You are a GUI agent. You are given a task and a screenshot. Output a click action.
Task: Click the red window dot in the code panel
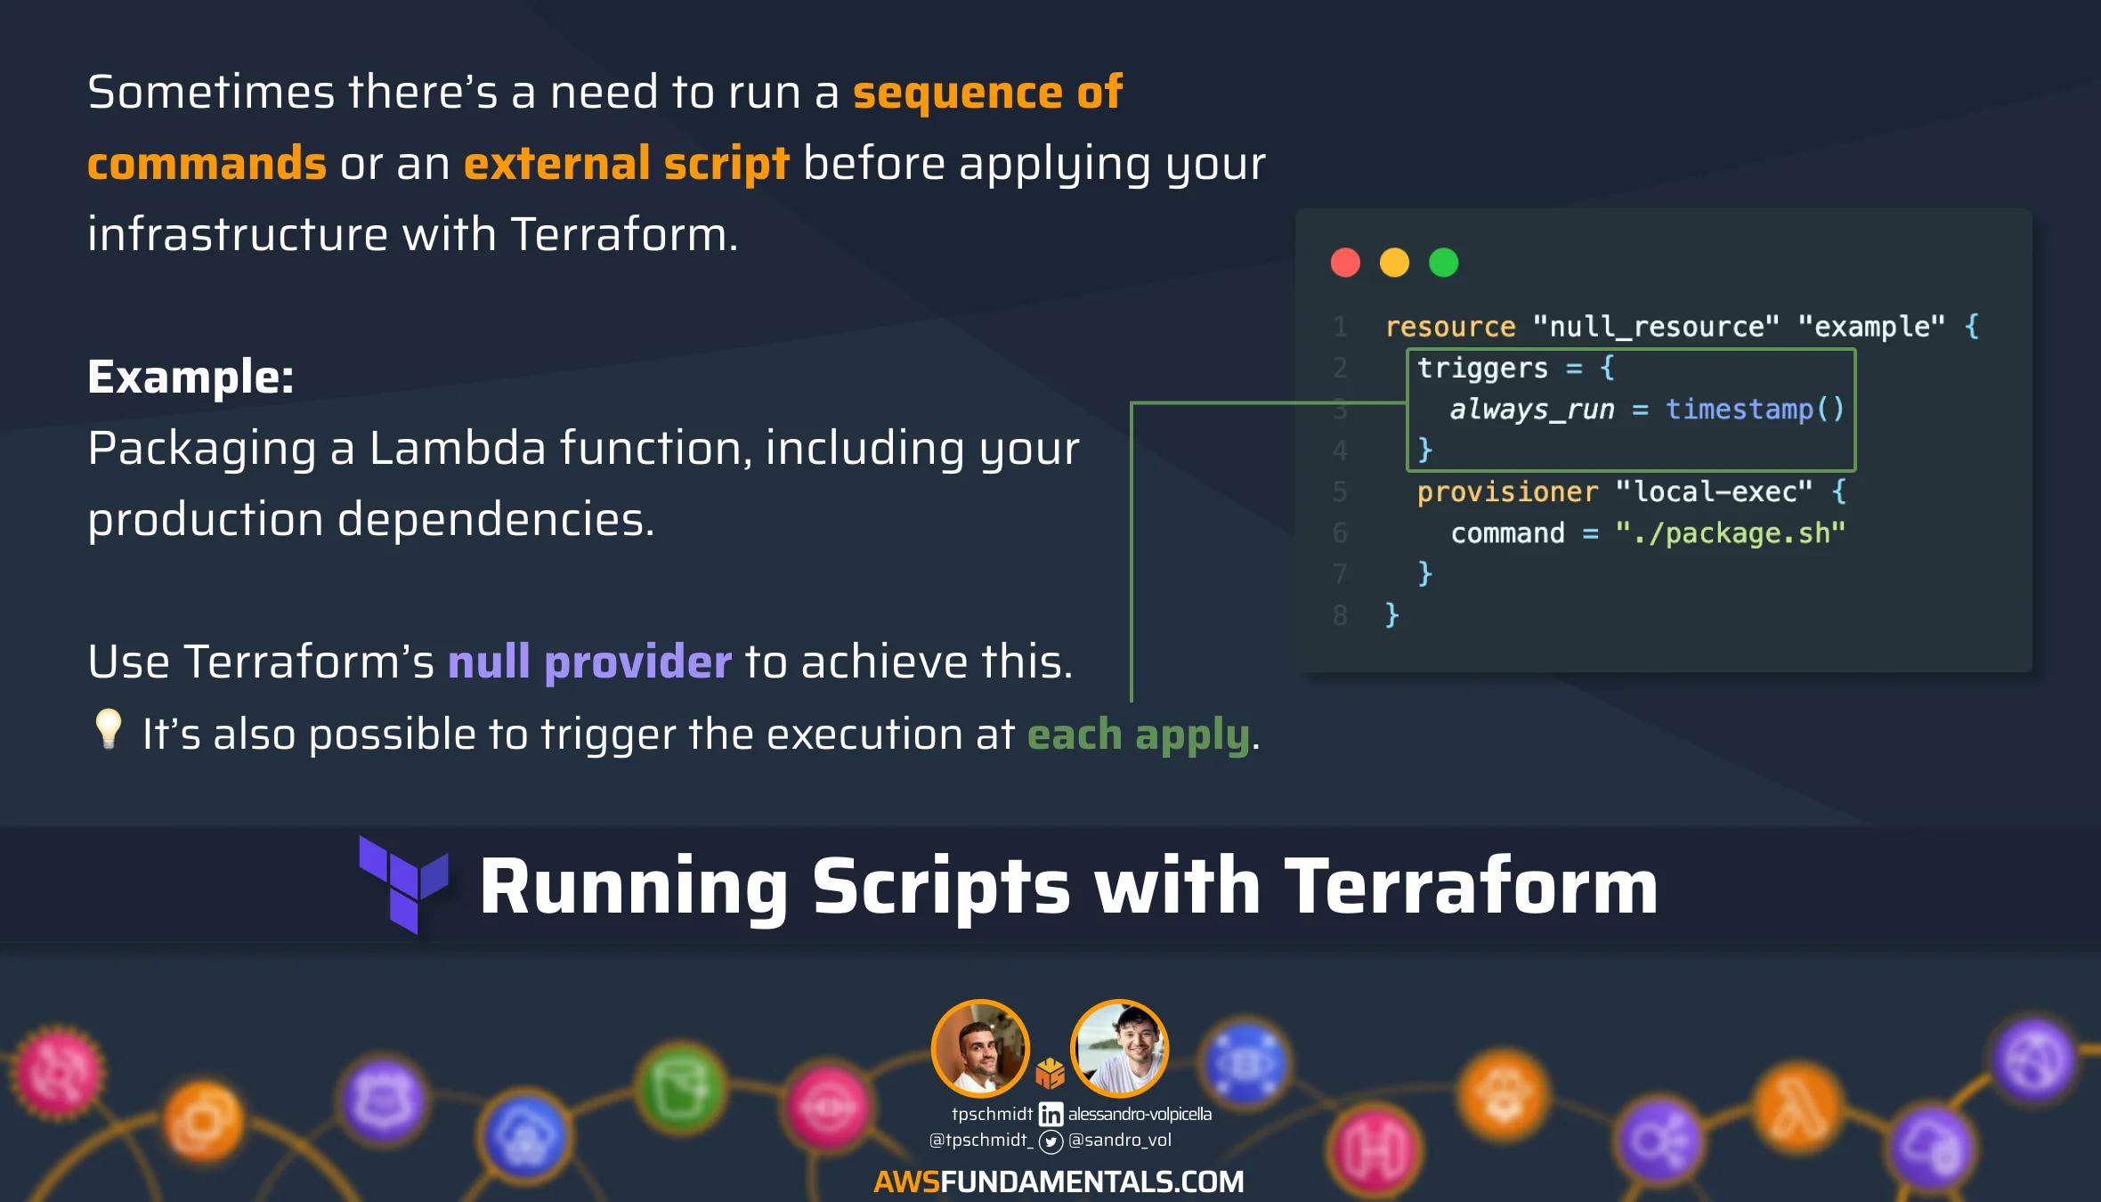(1345, 263)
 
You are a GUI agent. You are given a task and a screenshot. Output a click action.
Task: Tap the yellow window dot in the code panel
(1394, 263)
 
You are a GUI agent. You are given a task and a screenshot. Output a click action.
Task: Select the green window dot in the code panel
(1443, 263)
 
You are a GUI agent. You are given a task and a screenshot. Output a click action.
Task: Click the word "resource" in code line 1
(1450, 327)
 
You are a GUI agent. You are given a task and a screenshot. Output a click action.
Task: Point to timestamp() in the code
(1755, 409)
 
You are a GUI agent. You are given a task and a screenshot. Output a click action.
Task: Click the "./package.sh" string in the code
(1731, 532)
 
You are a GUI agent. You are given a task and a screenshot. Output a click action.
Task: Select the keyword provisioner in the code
(1507, 491)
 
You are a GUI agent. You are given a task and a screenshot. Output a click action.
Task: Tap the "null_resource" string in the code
(1655, 327)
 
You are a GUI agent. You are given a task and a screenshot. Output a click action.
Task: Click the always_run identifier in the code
(1532, 409)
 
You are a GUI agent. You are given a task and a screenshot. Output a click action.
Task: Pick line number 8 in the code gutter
(1340, 615)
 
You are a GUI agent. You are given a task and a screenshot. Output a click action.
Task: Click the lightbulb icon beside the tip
(109, 729)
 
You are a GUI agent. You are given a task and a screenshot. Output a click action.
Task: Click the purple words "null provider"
(589, 662)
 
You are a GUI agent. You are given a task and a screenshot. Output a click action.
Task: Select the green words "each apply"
(1138, 735)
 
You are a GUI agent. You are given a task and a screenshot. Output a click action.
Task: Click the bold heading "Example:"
(191, 377)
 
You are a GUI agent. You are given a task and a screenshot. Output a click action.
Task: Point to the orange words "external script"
(626, 164)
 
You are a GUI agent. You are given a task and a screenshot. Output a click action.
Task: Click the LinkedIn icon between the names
(1050, 1114)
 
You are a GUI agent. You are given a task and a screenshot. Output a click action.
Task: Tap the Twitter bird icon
(1051, 1141)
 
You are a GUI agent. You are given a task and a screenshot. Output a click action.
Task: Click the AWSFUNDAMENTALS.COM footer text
(1059, 1182)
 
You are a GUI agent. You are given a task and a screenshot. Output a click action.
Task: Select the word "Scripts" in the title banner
(940, 886)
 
